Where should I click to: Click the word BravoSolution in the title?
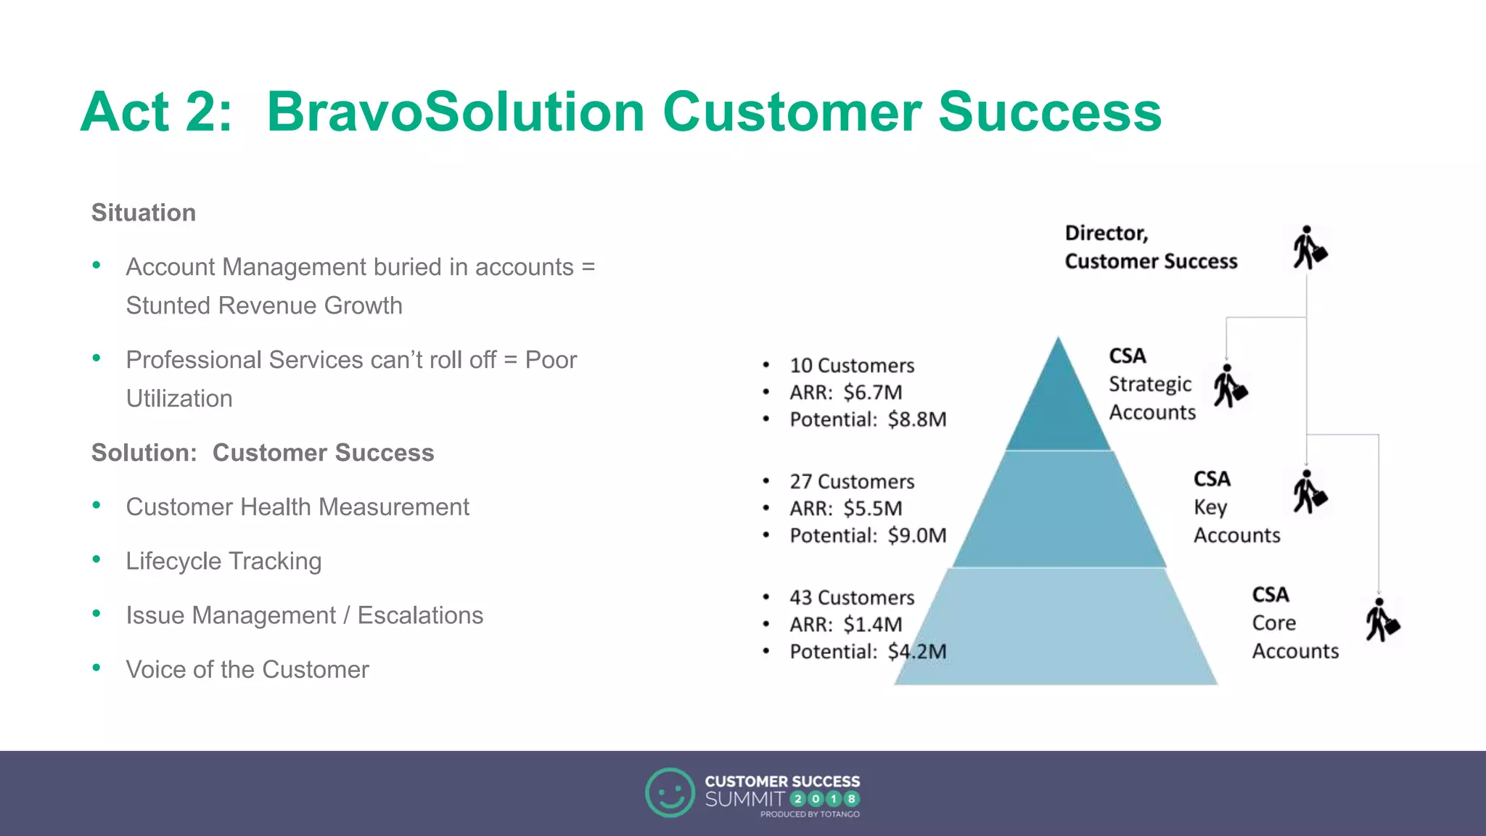click(x=455, y=112)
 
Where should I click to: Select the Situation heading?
click(x=144, y=213)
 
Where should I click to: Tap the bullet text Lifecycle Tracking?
click(x=223, y=561)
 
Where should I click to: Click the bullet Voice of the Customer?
click(x=247, y=669)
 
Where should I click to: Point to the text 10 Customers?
click(x=852, y=366)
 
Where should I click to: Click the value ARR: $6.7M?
click(x=846, y=393)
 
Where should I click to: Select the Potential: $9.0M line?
click(x=868, y=536)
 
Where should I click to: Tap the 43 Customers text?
click(x=852, y=598)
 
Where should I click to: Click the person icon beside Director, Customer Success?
click(x=1309, y=248)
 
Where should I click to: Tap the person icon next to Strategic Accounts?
click(x=1230, y=387)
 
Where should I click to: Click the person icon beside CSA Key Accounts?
click(x=1309, y=493)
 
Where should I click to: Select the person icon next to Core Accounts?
click(x=1382, y=620)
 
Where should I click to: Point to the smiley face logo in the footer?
click(x=670, y=792)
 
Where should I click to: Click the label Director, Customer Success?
click(x=1151, y=247)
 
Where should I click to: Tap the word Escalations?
click(x=420, y=615)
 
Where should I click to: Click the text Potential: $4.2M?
click(x=868, y=652)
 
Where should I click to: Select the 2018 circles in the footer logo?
click(x=825, y=799)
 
